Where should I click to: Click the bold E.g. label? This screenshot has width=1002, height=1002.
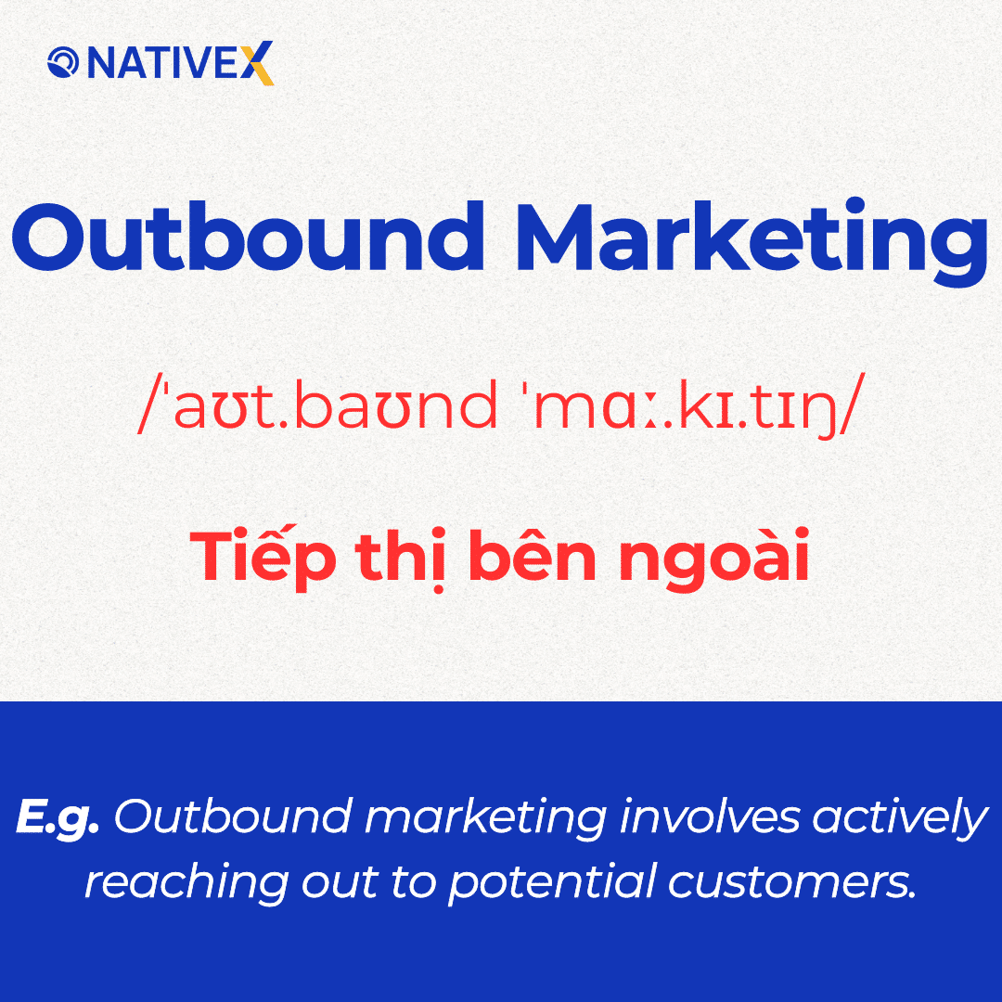[58, 818]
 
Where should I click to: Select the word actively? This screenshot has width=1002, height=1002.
[899, 818]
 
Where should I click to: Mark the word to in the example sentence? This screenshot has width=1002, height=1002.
[409, 881]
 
